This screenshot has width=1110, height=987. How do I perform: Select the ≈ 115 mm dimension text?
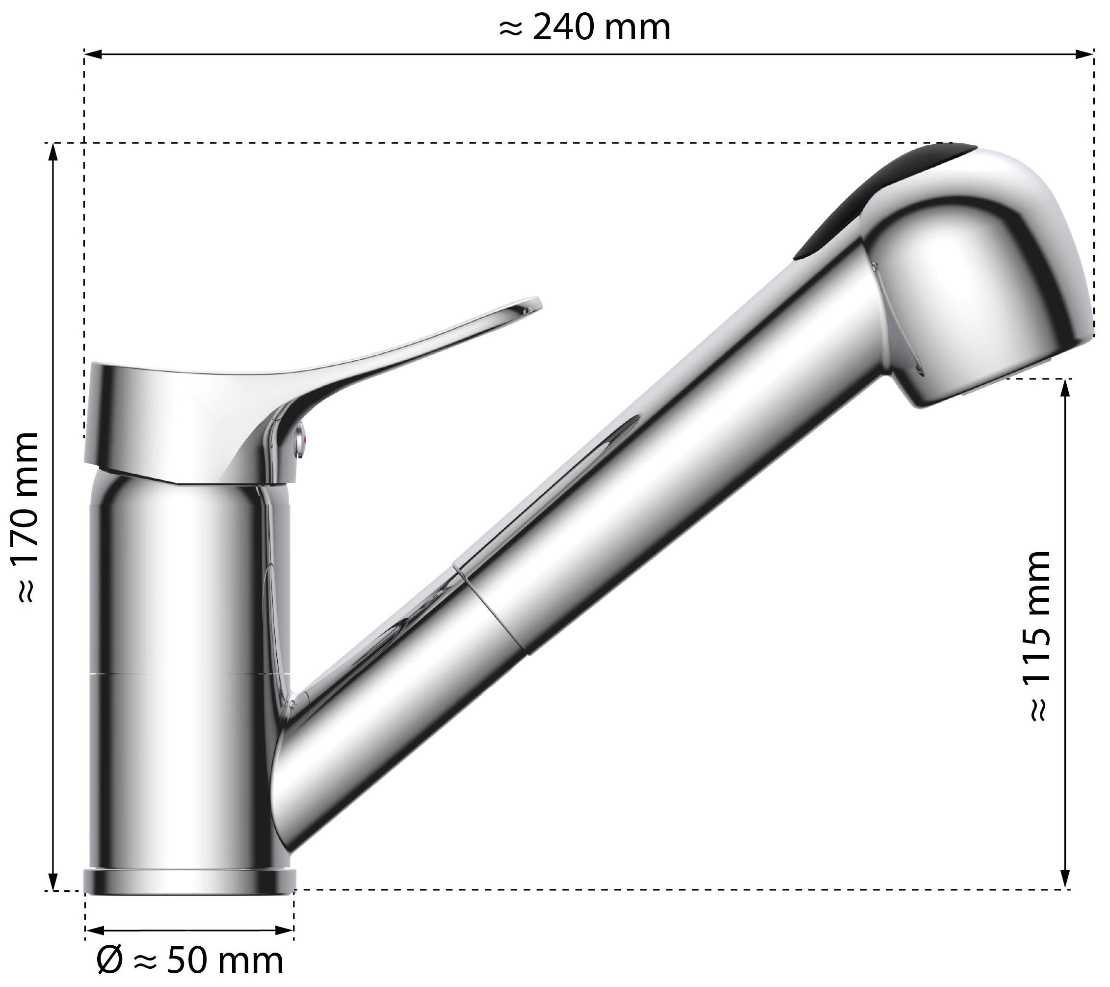(1039, 636)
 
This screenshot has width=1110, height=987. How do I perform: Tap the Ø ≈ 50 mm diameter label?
(189, 960)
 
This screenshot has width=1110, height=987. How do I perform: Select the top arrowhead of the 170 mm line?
(53, 153)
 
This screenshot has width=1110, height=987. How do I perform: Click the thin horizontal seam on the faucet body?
(185, 675)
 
